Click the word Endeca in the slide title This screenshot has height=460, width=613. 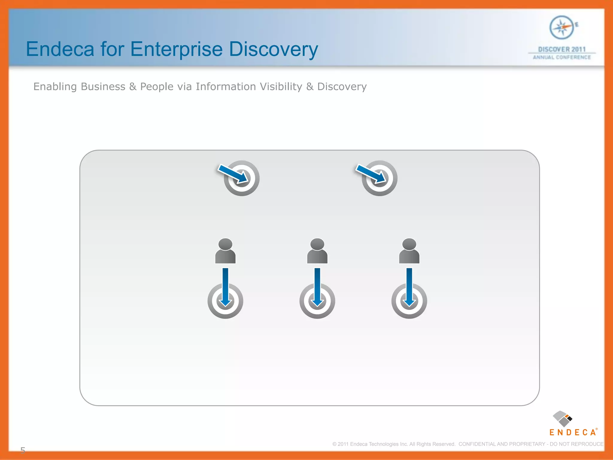pyautogui.click(x=60, y=49)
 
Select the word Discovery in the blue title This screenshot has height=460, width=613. pyautogui.click(x=273, y=49)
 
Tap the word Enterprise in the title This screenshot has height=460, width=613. pyautogui.click(x=176, y=49)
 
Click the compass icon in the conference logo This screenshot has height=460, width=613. pyautogui.click(x=562, y=28)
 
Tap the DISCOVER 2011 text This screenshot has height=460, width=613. pyautogui.click(x=562, y=49)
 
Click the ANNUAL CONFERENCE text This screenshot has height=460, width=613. pyautogui.click(x=562, y=57)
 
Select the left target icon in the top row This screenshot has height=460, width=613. pyautogui.click(x=242, y=178)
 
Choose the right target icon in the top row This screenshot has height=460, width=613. pyautogui.click(x=380, y=178)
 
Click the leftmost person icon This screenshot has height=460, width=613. pyautogui.click(x=225, y=251)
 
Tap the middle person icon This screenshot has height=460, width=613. pyautogui.click(x=317, y=251)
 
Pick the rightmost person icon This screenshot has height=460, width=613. pyautogui.click(x=409, y=251)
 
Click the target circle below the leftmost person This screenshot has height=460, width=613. pyautogui.click(x=225, y=301)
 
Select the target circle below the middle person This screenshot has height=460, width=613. pyautogui.click(x=317, y=301)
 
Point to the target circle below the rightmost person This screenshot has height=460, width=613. pyautogui.click(x=409, y=301)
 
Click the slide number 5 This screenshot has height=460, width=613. pyautogui.click(x=23, y=450)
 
